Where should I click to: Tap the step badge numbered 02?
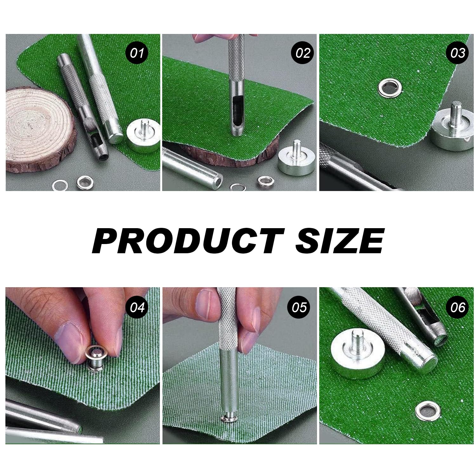(303, 53)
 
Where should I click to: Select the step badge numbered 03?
(457, 53)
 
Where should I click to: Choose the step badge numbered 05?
(299, 307)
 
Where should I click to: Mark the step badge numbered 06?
(457, 307)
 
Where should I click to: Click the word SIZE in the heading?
(340, 241)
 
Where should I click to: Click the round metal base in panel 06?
(358, 353)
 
